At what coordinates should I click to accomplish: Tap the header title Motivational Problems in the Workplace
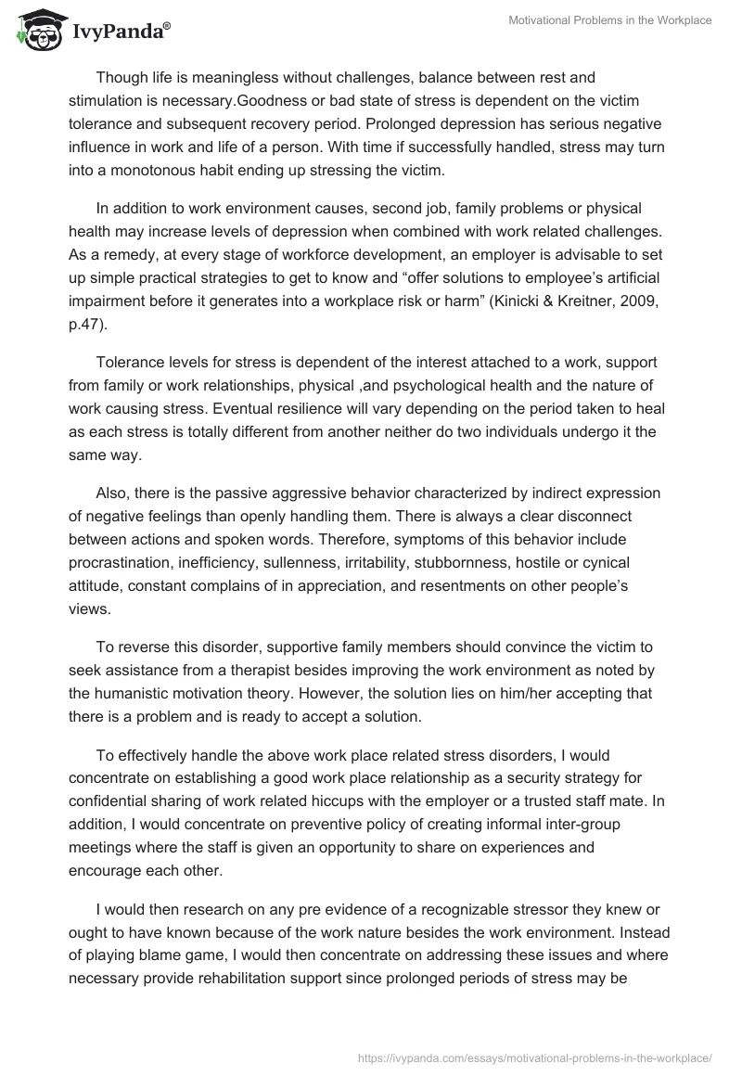coord(610,20)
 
